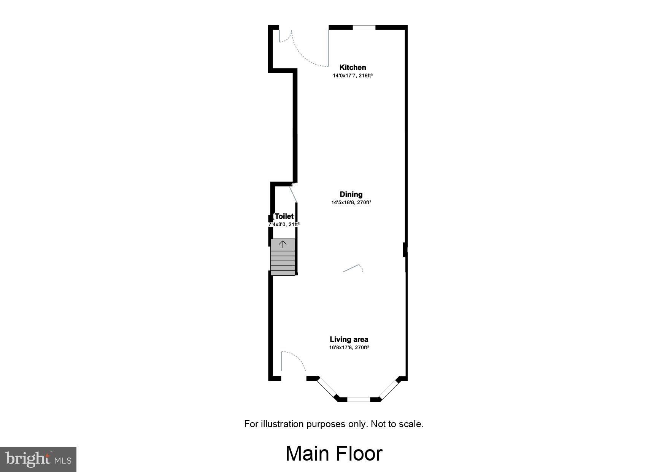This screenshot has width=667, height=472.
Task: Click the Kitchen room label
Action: pyautogui.click(x=353, y=68)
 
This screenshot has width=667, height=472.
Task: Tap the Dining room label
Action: pyautogui.click(x=351, y=195)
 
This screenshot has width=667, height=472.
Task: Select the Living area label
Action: pyautogui.click(x=349, y=340)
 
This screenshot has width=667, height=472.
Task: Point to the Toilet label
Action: pyautogui.click(x=284, y=217)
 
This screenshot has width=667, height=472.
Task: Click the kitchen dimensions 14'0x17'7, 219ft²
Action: pyautogui.click(x=353, y=76)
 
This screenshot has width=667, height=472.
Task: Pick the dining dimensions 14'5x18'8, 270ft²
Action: pyautogui.click(x=351, y=203)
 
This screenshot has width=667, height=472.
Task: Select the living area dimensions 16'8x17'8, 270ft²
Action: pyautogui.click(x=349, y=348)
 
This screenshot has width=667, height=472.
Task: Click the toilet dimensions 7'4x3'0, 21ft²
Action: pyautogui.click(x=284, y=225)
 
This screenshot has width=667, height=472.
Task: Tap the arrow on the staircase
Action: pyautogui.click(x=283, y=244)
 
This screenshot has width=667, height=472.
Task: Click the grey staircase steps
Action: pyautogui.click(x=283, y=262)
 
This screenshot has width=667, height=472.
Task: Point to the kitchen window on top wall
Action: pyautogui.click(x=364, y=27)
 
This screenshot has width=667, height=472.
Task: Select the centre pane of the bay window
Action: pyautogui.click(x=359, y=399)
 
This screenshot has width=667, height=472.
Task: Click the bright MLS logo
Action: pyautogui.click(x=38, y=459)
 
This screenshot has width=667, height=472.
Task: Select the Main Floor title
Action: pyautogui.click(x=334, y=454)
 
